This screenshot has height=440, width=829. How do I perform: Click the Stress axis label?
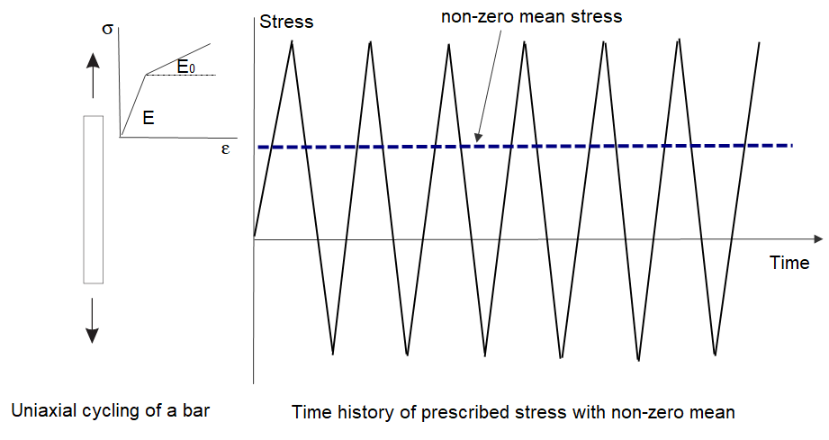pyautogui.click(x=286, y=22)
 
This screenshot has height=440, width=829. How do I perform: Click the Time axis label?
pyautogui.click(x=788, y=263)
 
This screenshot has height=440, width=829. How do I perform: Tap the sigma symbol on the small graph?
pyautogui.click(x=107, y=29)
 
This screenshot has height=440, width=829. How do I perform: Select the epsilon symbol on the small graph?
pyautogui.click(x=225, y=149)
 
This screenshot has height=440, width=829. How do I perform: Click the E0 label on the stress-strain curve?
pyautogui.click(x=185, y=67)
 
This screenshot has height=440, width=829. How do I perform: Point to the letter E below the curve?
pyautogui.click(x=149, y=117)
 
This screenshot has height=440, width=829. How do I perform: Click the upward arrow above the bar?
pyautogui.click(x=93, y=76)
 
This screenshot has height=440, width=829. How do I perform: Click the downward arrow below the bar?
pyautogui.click(x=92, y=320)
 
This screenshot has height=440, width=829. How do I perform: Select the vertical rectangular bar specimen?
pyautogui.click(x=93, y=200)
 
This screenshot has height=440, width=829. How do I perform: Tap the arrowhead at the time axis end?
pyautogui.click(x=818, y=238)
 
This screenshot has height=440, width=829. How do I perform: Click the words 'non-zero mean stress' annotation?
pyautogui.click(x=531, y=16)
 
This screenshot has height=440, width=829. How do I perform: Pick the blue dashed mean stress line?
pyautogui.click(x=526, y=146)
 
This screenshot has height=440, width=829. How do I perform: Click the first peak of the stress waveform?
pyautogui.click(x=292, y=41)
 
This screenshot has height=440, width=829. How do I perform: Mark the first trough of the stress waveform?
pyautogui.click(x=332, y=354)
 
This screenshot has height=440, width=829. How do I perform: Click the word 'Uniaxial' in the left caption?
pyautogui.click(x=41, y=410)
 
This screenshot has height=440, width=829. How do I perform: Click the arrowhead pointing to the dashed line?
pyautogui.click(x=477, y=138)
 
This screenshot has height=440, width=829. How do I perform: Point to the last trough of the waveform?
pyautogui.click(x=715, y=354)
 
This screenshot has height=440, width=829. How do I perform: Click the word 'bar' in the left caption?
pyautogui.click(x=197, y=410)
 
